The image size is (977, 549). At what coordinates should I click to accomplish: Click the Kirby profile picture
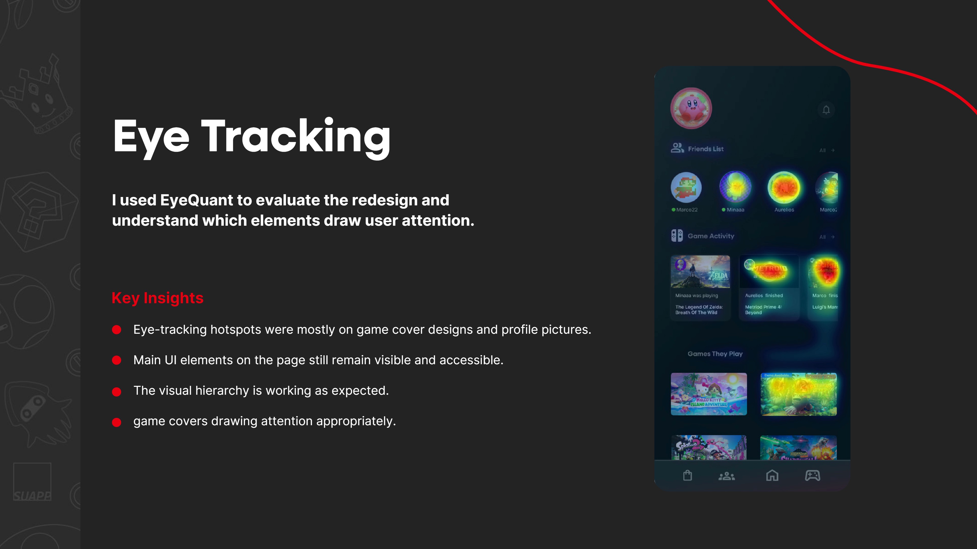point(691,108)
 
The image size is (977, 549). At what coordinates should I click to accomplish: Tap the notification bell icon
point(826,110)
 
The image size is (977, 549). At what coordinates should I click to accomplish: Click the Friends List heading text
point(706,149)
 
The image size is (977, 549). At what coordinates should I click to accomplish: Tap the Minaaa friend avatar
point(735,187)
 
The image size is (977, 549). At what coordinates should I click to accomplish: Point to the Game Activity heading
point(711,236)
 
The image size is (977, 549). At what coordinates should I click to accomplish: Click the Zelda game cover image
point(700,272)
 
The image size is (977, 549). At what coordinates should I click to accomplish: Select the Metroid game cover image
point(769,272)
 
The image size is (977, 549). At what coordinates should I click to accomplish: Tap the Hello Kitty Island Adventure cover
point(709,394)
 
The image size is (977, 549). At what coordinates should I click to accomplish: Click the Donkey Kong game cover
point(798,394)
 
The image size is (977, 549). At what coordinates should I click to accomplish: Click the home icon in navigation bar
point(772,476)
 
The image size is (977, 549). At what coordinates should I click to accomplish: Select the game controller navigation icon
point(812,476)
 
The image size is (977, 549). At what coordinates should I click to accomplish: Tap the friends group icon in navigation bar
point(727,476)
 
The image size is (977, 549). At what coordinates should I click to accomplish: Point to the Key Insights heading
point(157,298)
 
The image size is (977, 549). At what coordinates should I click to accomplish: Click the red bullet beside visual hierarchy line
point(117,392)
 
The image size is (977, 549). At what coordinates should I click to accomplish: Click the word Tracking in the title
point(296,136)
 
